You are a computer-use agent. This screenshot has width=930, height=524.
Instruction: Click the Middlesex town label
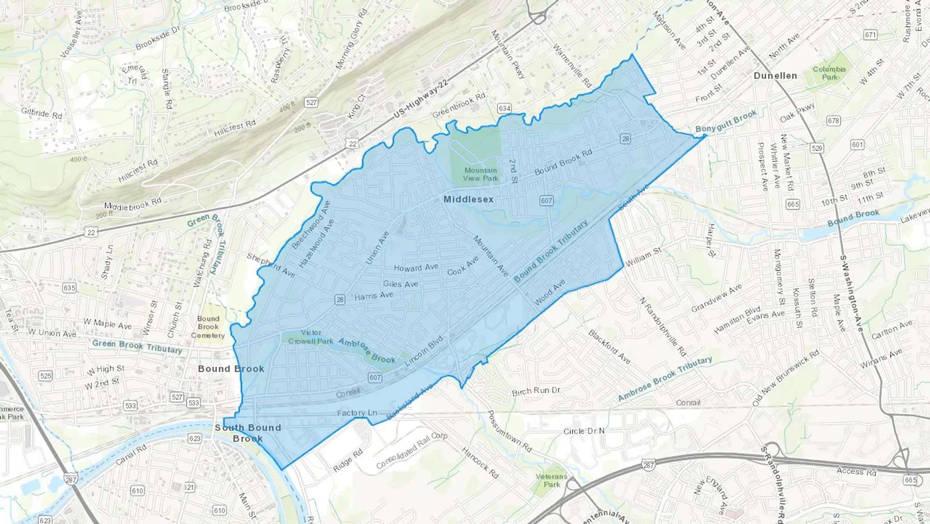pyautogui.click(x=468, y=199)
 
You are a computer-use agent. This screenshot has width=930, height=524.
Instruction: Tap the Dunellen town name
pyautogui.click(x=775, y=76)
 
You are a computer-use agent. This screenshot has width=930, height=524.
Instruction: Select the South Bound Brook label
pyautogui.click(x=248, y=433)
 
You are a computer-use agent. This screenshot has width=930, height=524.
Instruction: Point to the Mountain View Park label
pyautogui.click(x=481, y=174)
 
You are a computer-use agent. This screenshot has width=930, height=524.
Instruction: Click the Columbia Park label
pyautogui.click(x=829, y=73)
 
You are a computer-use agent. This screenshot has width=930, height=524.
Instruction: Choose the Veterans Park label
pyautogui.click(x=551, y=481)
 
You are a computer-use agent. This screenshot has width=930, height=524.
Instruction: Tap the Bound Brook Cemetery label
pyautogui.click(x=208, y=327)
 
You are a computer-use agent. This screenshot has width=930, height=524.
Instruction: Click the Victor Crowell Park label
pyautogui.click(x=311, y=337)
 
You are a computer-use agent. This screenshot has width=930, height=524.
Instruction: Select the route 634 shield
pyautogui.click(x=504, y=108)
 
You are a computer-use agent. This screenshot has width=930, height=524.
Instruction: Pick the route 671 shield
pyautogui.click(x=871, y=35)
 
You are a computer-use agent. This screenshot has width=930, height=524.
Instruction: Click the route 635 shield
pyautogui.click(x=69, y=288)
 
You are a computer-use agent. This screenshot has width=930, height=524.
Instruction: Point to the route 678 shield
pyautogui.click(x=833, y=121)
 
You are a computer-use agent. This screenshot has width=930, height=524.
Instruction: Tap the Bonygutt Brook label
pyautogui.click(x=725, y=122)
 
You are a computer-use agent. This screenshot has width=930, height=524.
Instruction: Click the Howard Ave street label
pyautogui.click(x=416, y=267)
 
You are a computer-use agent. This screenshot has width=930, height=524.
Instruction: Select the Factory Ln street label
pyautogui.click(x=357, y=413)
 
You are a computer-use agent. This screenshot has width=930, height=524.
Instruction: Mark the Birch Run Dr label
pyautogui.click(x=536, y=391)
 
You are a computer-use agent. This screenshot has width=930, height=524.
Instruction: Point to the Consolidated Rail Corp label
pyautogui.click(x=412, y=450)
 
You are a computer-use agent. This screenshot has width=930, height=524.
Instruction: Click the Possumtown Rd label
pyautogui.click(x=509, y=431)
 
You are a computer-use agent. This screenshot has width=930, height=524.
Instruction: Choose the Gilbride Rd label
pyautogui.click(x=41, y=112)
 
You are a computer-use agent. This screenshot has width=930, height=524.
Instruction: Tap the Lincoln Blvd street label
pyautogui.click(x=424, y=351)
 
